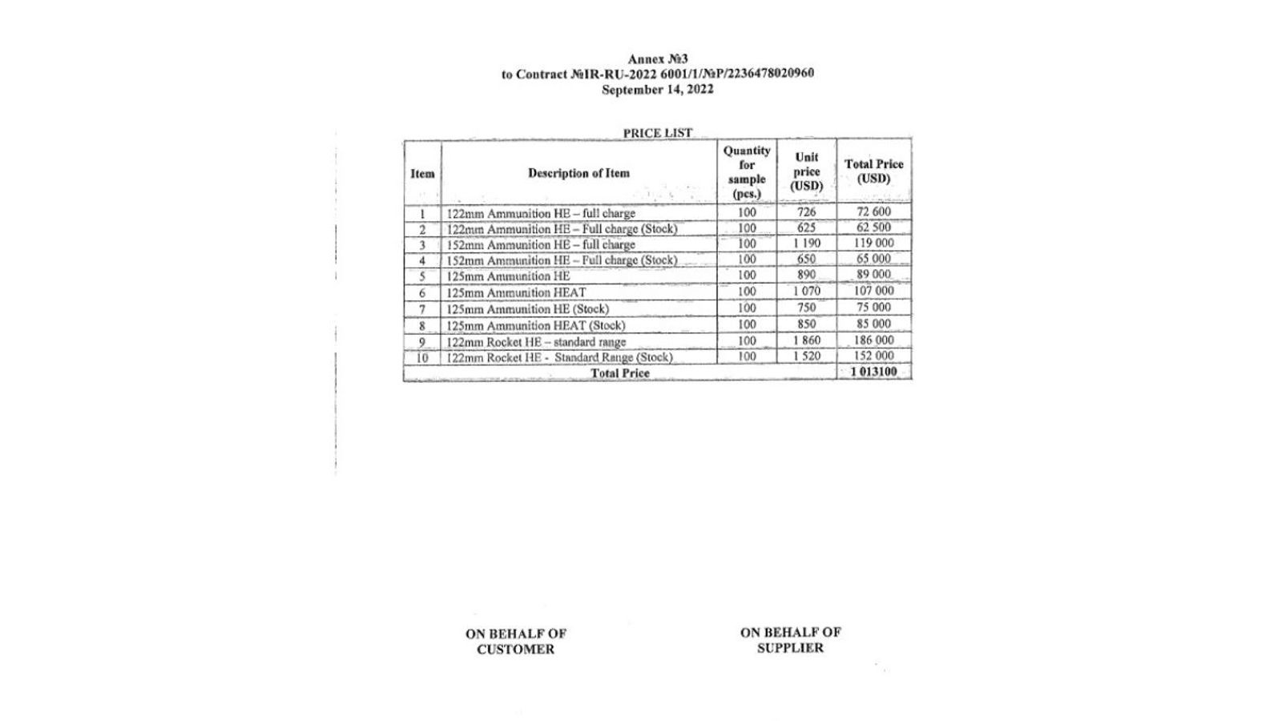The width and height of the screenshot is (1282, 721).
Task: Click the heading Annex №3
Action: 657,59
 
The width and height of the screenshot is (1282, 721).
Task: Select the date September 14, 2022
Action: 657,90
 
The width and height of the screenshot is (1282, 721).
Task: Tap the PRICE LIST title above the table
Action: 657,133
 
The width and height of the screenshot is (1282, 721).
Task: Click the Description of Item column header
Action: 579,173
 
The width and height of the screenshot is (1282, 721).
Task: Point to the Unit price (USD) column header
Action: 806,172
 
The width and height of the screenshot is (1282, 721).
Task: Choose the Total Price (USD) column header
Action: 873,171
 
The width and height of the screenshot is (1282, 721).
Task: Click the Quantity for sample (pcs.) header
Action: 747,172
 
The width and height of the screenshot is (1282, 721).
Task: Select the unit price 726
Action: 806,212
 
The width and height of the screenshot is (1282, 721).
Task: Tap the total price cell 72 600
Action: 873,212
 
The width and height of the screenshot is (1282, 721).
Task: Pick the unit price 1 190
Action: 806,244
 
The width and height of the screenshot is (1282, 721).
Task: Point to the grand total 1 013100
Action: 873,372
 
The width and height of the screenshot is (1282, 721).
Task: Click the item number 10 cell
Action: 422,357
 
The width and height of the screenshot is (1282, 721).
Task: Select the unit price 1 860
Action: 806,340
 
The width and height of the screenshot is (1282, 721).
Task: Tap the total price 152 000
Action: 873,356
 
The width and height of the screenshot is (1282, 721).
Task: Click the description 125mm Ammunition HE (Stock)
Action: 527,309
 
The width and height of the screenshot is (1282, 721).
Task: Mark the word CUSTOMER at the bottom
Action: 515,650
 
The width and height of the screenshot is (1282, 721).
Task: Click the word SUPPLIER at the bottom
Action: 790,648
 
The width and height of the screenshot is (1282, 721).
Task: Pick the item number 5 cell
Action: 422,276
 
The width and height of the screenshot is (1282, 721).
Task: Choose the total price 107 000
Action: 873,291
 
